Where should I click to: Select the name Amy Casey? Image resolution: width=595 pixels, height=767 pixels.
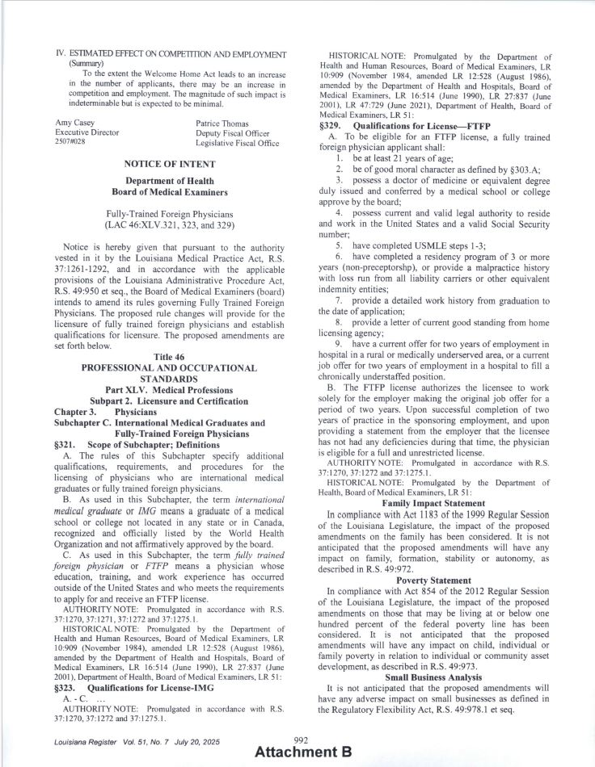pyautogui.click(x=74, y=122)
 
